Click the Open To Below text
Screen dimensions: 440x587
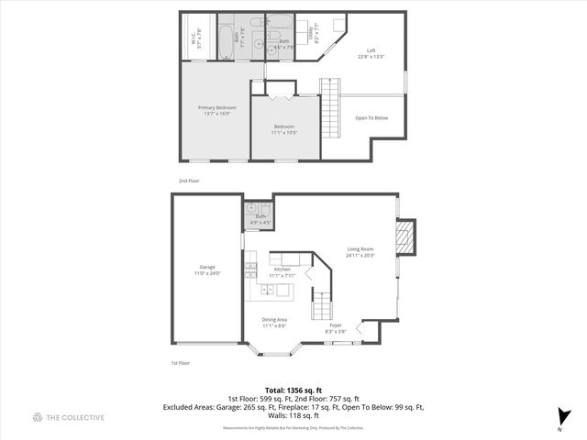pyautogui.click(x=371, y=117)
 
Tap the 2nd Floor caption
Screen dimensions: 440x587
pyautogui.click(x=188, y=181)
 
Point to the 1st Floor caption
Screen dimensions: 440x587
pyautogui.click(x=180, y=364)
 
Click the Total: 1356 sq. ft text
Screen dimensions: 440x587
pyautogui.click(x=293, y=390)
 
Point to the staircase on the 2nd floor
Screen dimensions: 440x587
pyautogui.click(x=329, y=106)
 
